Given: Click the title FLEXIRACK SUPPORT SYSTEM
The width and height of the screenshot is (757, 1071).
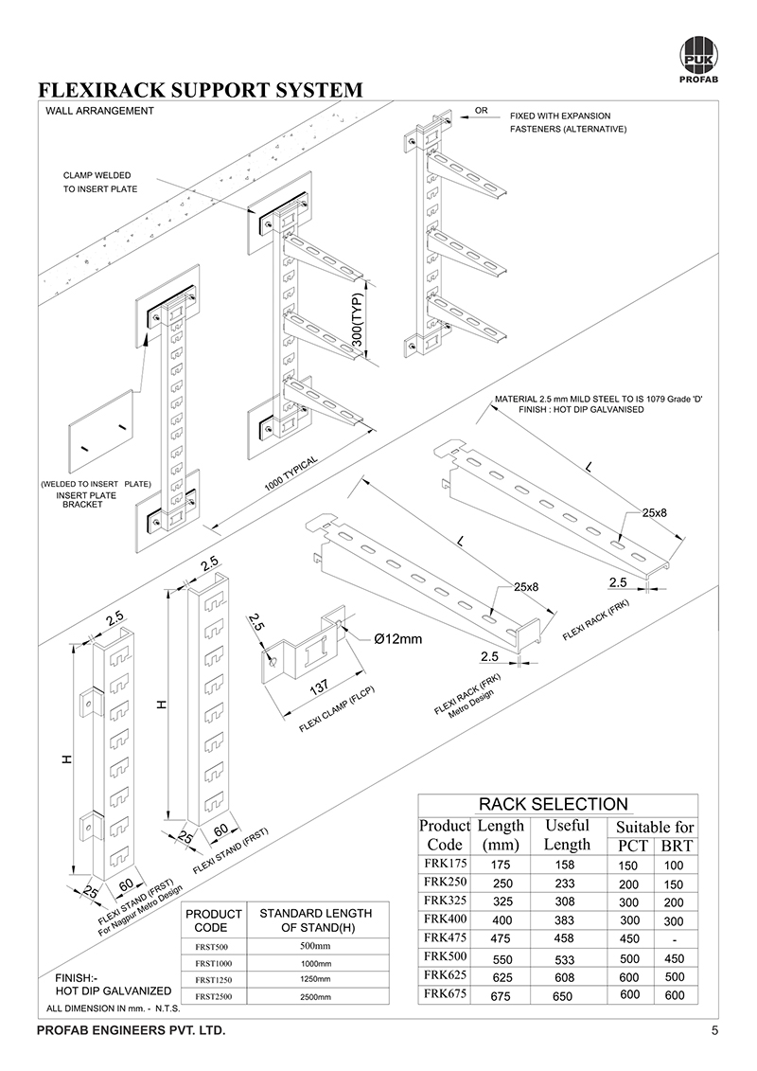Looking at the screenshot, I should [x=200, y=91].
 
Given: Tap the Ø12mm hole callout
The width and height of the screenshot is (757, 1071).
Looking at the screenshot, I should [x=397, y=639].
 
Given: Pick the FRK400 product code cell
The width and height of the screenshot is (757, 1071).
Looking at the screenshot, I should [x=445, y=919].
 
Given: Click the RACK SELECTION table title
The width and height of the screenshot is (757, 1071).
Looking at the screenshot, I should [x=553, y=805].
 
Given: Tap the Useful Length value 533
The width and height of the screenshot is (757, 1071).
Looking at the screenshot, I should [x=567, y=957].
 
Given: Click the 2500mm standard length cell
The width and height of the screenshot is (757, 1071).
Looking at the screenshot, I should [x=315, y=997].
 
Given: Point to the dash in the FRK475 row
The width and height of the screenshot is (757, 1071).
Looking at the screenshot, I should [x=676, y=938].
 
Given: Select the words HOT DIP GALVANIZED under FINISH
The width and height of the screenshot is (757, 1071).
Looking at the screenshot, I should [x=114, y=991].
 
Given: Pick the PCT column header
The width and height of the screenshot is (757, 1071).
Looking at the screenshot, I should [x=632, y=846].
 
